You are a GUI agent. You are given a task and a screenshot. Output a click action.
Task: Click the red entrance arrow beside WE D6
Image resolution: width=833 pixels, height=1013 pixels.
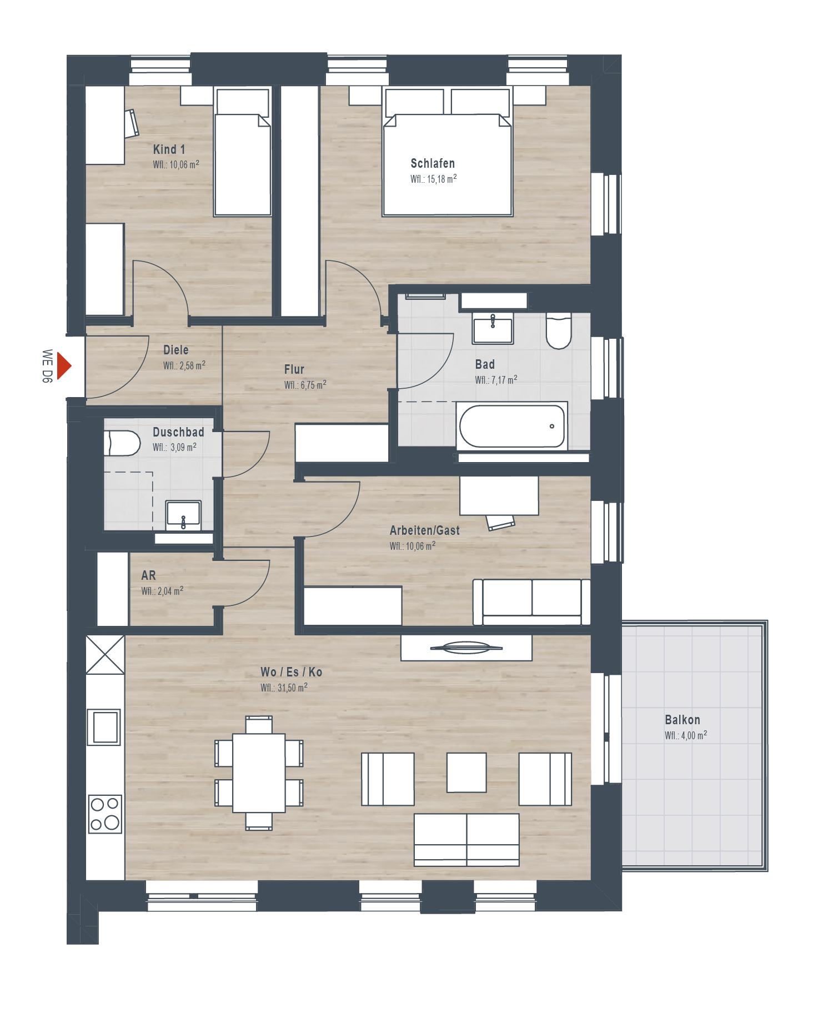tap(64, 366)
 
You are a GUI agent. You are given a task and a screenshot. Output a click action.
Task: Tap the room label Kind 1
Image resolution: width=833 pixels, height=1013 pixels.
tap(169, 149)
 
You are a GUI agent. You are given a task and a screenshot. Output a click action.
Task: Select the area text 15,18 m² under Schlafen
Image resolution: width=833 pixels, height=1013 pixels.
tap(441, 179)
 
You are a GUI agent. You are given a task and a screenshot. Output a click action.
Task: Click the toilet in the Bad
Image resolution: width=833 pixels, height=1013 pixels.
tap(559, 330)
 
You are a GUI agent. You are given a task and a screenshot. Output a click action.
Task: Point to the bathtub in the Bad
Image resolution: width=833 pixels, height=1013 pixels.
tap(512, 426)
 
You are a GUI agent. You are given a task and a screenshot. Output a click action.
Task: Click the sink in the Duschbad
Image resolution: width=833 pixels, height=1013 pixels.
tap(183, 515)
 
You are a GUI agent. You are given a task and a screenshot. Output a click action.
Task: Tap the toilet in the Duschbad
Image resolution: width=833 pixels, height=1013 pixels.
tap(122, 443)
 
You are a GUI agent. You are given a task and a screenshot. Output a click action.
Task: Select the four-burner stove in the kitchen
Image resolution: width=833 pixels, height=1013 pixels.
tap(105, 814)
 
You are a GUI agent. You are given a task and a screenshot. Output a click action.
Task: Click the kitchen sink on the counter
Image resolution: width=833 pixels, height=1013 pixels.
tap(104, 727)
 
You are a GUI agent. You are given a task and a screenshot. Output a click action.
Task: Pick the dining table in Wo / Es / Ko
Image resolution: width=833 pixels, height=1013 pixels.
tap(259, 773)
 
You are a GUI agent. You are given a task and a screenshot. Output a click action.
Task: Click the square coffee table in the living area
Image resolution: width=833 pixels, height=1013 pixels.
tap(466, 772)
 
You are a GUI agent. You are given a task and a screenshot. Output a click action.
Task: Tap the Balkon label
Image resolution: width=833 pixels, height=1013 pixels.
tap(683, 720)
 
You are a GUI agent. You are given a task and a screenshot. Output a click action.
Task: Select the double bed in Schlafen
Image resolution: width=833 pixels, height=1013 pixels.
tap(447, 152)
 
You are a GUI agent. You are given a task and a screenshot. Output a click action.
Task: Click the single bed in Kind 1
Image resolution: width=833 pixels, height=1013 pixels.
tap(243, 152)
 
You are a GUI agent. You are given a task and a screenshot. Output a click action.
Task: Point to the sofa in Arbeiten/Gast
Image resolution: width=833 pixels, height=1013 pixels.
tap(531, 602)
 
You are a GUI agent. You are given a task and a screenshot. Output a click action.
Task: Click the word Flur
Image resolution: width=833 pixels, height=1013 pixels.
tap(294, 369)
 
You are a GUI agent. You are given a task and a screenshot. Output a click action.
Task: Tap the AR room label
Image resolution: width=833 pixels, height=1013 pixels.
tap(148, 575)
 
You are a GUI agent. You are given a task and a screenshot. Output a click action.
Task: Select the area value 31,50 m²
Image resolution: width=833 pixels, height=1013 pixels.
tap(292, 688)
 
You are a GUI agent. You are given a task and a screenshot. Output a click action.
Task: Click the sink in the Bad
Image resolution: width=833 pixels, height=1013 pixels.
tap(493, 328)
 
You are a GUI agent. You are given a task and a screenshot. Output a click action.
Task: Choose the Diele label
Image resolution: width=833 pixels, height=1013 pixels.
tap(176, 350)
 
